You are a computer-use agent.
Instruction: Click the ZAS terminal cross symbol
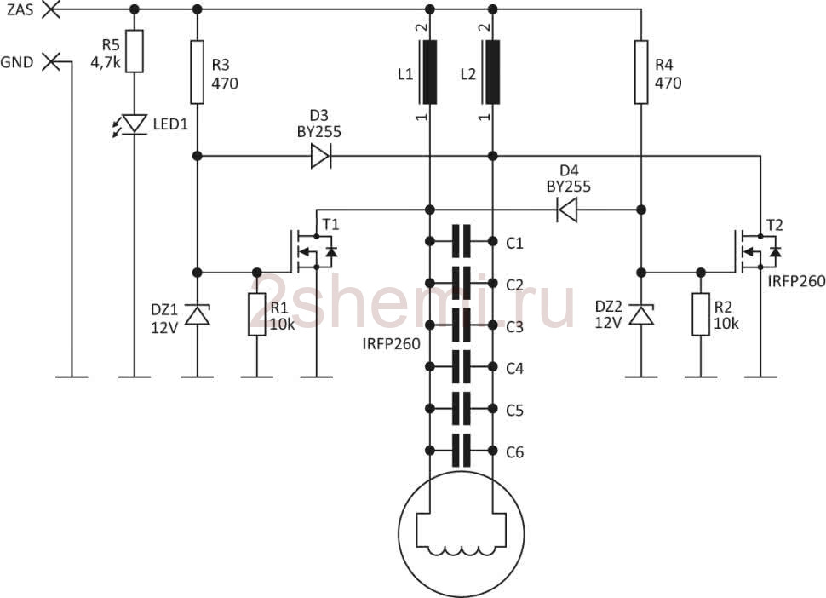pos(51,9)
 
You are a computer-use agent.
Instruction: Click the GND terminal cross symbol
pos(51,61)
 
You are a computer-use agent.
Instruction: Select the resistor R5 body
pos(135,51)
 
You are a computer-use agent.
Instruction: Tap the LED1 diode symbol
pos(132,124)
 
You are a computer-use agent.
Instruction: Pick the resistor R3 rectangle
pos(197,72)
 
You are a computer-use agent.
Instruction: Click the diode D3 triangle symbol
pos(320,157)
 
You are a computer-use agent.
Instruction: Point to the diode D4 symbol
pos(567,210)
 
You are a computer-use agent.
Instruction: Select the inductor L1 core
pos(429,72)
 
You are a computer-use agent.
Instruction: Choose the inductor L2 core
pos(491,72)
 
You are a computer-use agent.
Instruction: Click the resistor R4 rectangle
pos(641,72)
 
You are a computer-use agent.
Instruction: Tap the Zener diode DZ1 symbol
pos(198,315)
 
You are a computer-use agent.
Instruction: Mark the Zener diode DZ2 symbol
pos(641,315)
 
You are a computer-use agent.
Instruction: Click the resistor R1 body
pos(257,314)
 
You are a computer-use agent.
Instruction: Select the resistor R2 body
pos(701,314)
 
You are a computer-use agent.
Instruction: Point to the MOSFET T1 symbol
pos(313,251)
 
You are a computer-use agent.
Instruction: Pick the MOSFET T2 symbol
pos(757,251)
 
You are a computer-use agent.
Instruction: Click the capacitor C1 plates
pos(462,241)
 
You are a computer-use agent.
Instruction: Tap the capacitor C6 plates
pos(462,451)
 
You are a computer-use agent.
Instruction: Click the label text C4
pos(514,368)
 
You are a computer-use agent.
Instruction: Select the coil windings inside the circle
pos(462,550)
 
